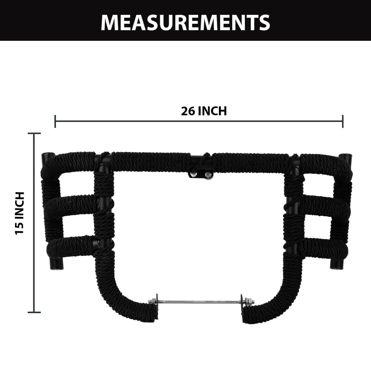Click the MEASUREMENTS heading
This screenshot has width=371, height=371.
point(185,23)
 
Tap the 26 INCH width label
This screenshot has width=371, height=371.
point(204,111)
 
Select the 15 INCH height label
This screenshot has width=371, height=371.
point(20,213)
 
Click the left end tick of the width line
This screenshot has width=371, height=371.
point(55,121)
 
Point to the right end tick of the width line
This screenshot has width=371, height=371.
point(343,121)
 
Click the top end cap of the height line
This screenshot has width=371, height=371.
point(34,133)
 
